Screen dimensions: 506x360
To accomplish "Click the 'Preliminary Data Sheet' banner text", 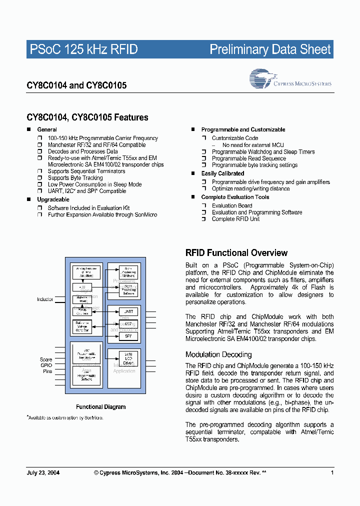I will pos(270,49).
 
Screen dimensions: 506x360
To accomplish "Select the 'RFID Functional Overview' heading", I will pos(236,252).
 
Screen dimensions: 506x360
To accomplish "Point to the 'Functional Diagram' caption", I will pos(100,407).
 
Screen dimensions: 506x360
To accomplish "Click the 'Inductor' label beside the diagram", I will pos(45,299).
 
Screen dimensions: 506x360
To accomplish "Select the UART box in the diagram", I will pos(128,311).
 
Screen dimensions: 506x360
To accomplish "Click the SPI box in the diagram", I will pos(128,336).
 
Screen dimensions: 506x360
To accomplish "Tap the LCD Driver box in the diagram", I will pos(128,358).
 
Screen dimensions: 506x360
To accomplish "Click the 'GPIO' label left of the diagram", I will pos(46,365).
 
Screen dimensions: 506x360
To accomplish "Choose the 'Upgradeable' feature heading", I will pos(53,199).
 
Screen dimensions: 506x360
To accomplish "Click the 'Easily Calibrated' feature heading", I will pos(222,173).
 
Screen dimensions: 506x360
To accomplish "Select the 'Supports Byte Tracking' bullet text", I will pos(75,177).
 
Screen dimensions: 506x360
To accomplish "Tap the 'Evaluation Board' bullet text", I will pos(232,205).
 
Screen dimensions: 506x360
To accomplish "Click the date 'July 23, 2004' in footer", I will pos(42,472).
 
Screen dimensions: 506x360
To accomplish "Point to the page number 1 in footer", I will pos(332,472).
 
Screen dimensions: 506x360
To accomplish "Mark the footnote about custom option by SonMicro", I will pos(64,417).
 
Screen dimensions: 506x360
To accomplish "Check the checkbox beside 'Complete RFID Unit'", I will pos(204,219).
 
